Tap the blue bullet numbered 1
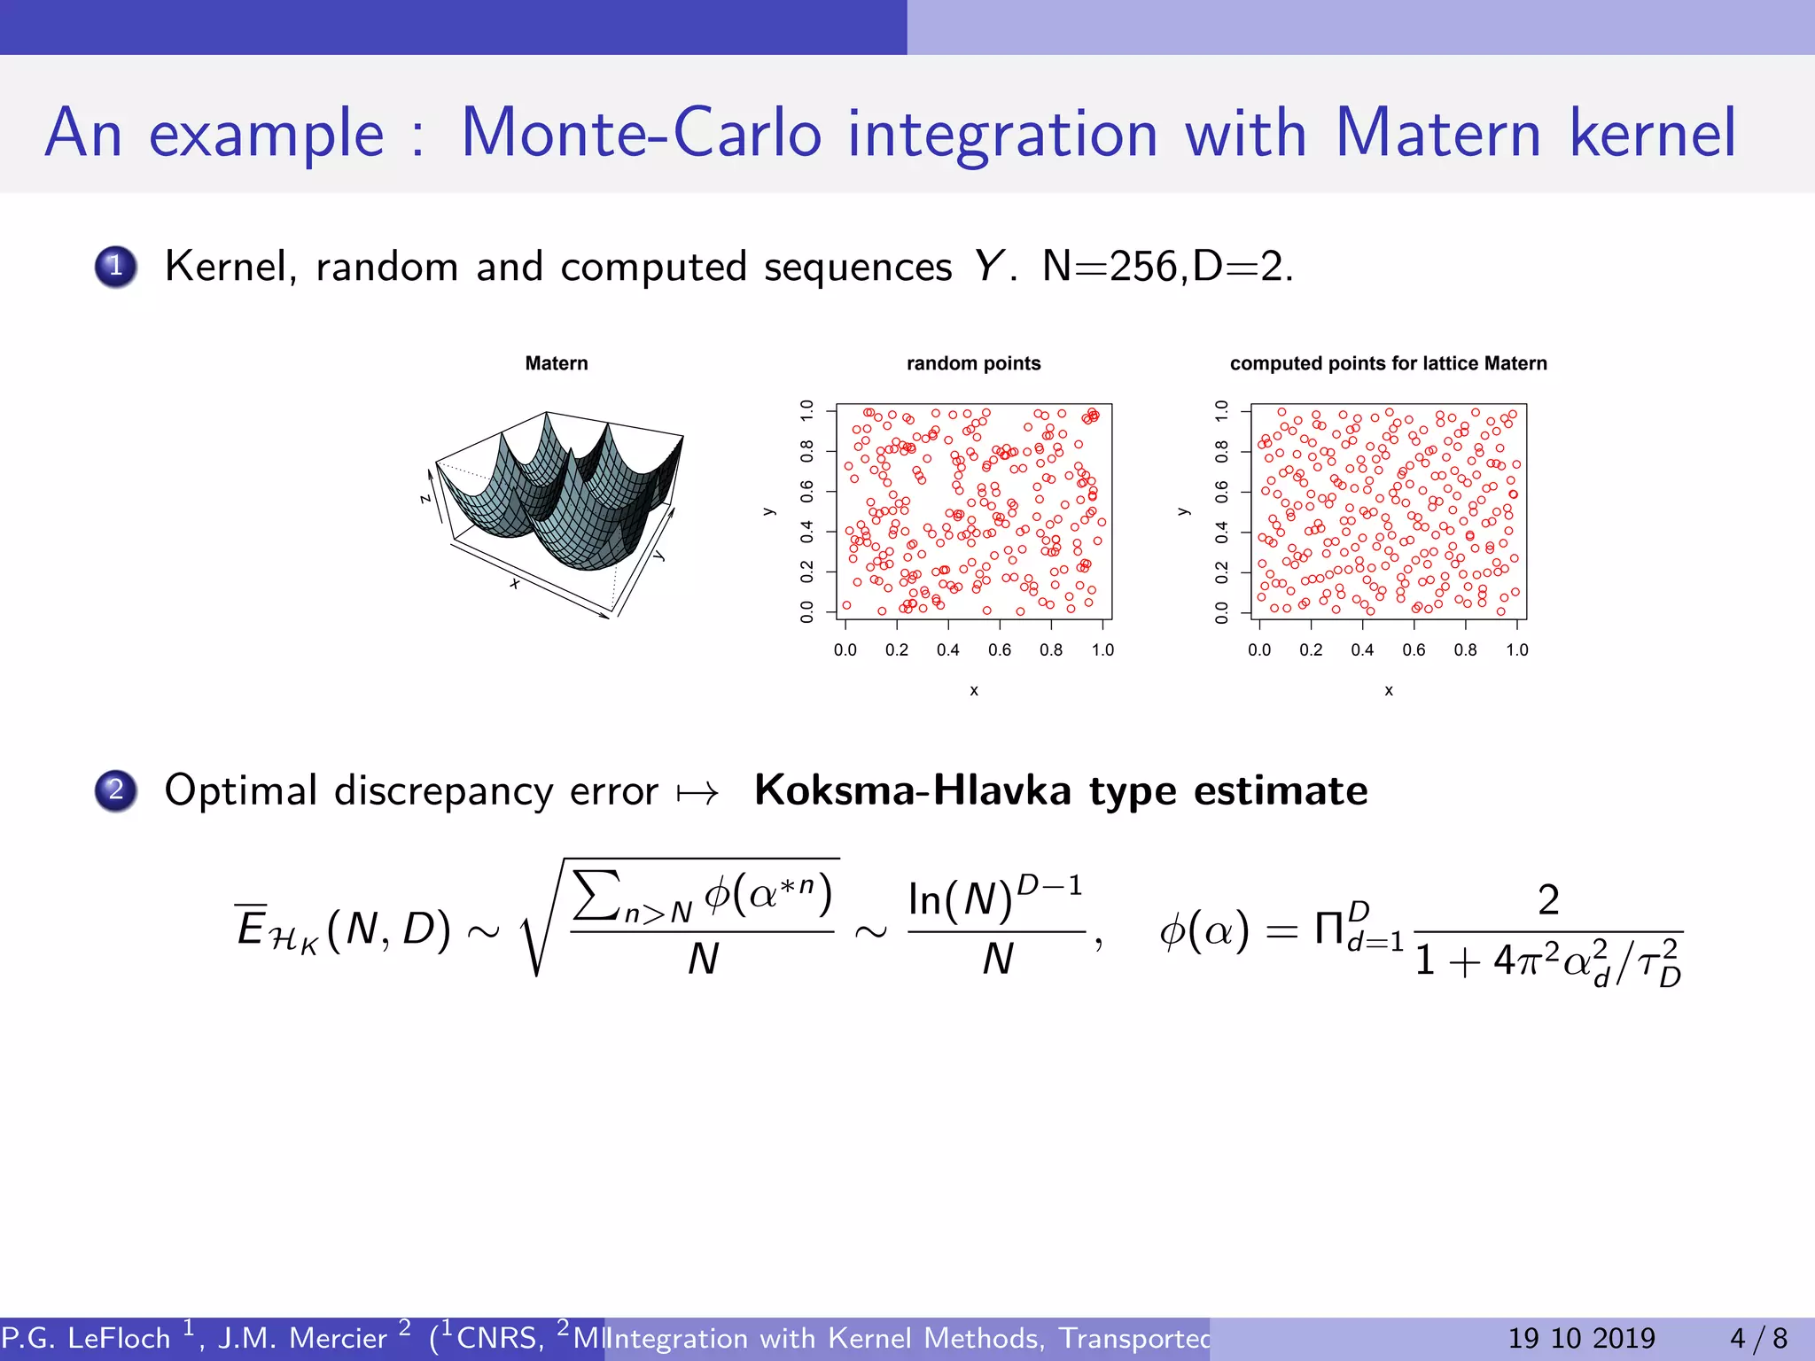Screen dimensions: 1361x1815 [x=116, y=267]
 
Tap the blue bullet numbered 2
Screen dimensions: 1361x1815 [x=116, y=790]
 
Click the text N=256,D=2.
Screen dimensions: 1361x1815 [x=1167, y=266]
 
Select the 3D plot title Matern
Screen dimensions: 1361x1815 [x=556, y=363]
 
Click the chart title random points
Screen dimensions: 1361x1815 [x=973, y=363]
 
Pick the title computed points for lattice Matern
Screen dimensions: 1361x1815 [x=1388, y=363]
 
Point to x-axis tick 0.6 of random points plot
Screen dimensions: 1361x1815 [x=1000, y=649]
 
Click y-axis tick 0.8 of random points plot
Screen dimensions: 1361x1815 [x=806, y=451]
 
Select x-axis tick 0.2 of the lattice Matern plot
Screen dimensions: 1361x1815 [x=1311, y=649]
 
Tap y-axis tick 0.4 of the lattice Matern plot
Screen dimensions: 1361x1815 [x=1221, y=533]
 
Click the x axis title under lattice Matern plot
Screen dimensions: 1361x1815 [x=1389, y=690]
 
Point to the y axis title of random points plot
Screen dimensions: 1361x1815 [x=768, y=511]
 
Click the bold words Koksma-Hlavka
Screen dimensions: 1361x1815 [x=913, y=790]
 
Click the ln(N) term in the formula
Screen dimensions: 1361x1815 [x=960, y=900]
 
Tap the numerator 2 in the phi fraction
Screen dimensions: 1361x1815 [x=1547, y=899]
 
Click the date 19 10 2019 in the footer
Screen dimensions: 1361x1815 [x=1581, y=1338]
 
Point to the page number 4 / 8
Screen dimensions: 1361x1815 [x=1758, y=1338]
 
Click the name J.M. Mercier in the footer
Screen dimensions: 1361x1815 [x=301, y=1338]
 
